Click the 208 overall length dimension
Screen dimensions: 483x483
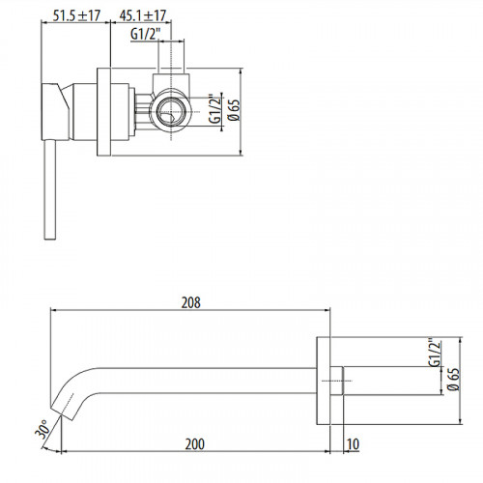190,301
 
